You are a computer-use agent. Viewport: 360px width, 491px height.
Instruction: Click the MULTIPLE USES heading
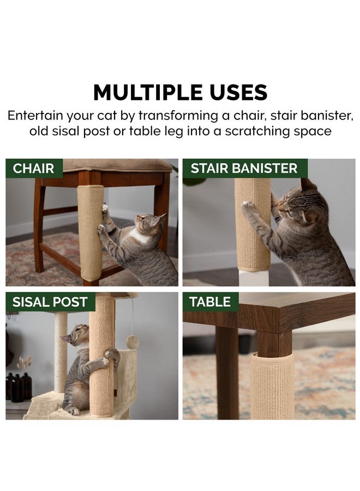(x=181, y=92)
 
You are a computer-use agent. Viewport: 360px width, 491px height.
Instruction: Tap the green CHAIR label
(x=34, y=169)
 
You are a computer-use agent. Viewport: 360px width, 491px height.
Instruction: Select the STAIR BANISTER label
(x=244, y=169)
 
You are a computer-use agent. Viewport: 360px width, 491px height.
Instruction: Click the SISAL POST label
(x=50, y=302)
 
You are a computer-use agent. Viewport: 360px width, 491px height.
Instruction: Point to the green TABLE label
(x=211, y=302)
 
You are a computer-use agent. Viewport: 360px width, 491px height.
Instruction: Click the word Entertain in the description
(x=35, y=116)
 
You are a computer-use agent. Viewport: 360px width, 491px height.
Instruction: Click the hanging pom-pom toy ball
(x=133, y=340)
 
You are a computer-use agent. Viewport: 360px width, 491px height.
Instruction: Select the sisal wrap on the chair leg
(x=90, y=233)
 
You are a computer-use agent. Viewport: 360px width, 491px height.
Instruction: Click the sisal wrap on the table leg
(x=272, y=386)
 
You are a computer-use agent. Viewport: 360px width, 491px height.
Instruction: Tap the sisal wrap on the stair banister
(x=253, y=224)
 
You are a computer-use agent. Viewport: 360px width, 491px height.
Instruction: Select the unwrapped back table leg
(x=227, y=373)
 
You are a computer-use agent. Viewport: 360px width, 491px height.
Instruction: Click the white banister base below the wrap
(x=254, y=279)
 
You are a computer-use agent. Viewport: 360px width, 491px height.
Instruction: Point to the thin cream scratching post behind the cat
(x=61, y=352)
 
